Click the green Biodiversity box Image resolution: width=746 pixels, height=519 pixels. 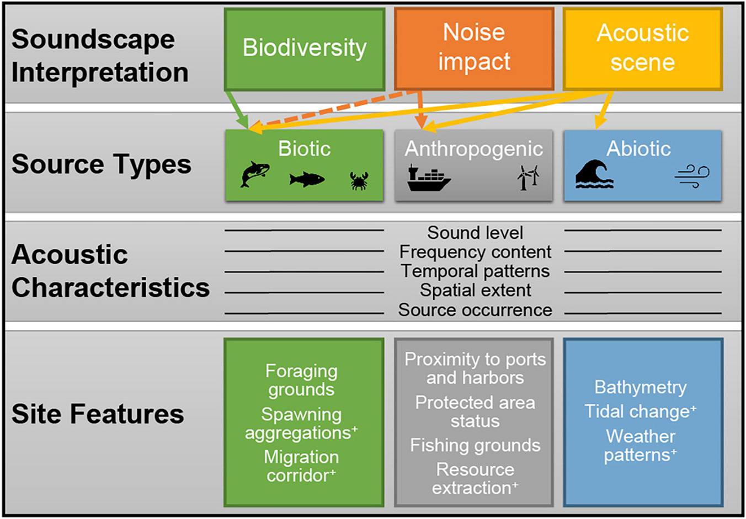tap(305, 49)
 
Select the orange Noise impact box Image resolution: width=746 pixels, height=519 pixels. tap(474, 48)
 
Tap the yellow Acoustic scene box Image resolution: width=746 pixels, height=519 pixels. tap(642, 48)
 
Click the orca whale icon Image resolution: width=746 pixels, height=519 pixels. tap(255, 175)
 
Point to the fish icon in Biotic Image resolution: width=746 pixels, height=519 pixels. tap(307, 179)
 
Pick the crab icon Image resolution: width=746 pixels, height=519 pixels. tap(359, 180)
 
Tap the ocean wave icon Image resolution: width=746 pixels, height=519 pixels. tap(594, 175)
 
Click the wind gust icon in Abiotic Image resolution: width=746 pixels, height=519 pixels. tap(692, 176)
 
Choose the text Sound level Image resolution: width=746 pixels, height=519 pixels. tap(475, 233)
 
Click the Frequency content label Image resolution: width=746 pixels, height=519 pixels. tap(475, 252)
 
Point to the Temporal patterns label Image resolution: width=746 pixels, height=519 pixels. tap(475, 271)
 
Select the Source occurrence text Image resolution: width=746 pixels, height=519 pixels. tap(475, 310)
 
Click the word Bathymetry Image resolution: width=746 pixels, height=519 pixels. tap(640, 387)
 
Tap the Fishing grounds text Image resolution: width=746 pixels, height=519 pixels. tap(475, 445)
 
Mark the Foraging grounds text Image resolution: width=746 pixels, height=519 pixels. tap(301, 380)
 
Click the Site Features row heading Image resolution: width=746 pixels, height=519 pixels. tap(98, 414)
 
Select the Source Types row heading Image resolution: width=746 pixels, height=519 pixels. tap(102, 164)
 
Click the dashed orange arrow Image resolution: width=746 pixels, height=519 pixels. tap(331, 110)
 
